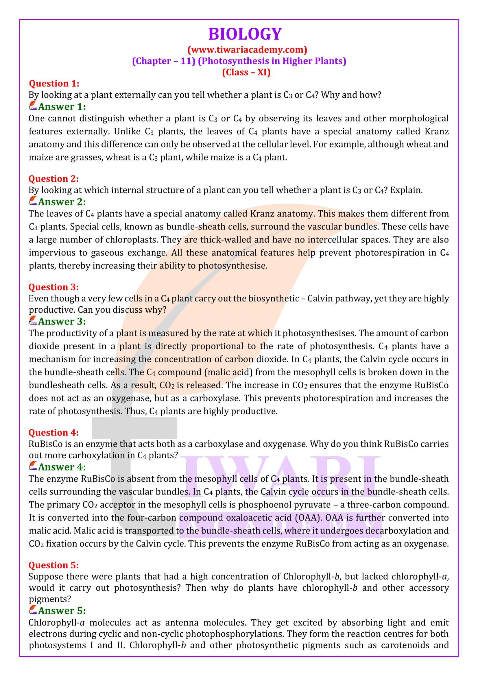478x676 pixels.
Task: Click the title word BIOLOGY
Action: (245, 34)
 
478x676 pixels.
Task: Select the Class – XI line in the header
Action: (246, 73)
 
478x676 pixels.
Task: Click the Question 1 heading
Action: (54, 84)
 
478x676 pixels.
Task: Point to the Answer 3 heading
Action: (62, 321)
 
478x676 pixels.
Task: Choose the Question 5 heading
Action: (54, 565)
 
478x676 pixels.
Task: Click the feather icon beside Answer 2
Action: (33, 202)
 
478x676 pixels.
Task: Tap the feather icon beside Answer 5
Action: (33, 611)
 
